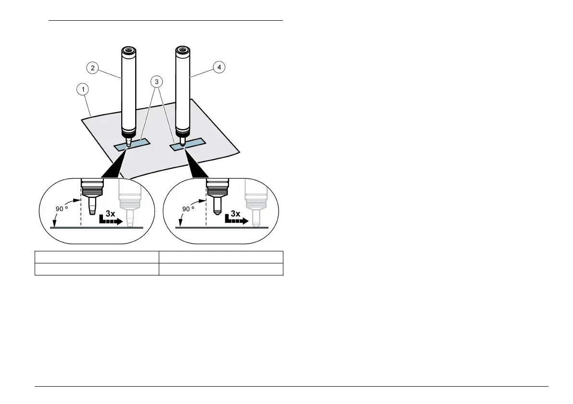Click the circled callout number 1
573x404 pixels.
pyautogui.click(x=84, y=89)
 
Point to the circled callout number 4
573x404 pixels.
pyautogui.click(x=219, y=68)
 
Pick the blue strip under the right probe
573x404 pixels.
pyautogui.click(x=189, y=144)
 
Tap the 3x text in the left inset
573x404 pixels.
pyautogui.click(x=110, y=213)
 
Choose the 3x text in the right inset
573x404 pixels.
pyautogui.click(x=235, y=213)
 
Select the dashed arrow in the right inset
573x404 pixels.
pyautogui.click(x=236, y=221)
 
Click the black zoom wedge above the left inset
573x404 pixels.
pyautogui.click(x=115, y=166)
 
